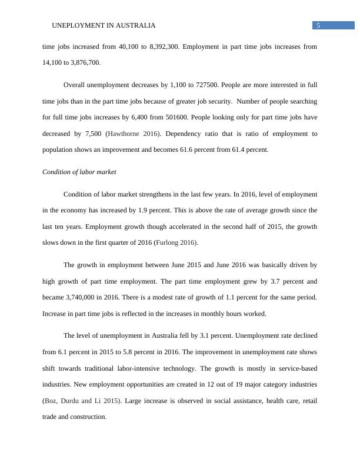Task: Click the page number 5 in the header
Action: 318,25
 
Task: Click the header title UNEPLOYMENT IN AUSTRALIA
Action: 104,26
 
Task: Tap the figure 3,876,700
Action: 84,62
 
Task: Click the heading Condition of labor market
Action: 79,172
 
